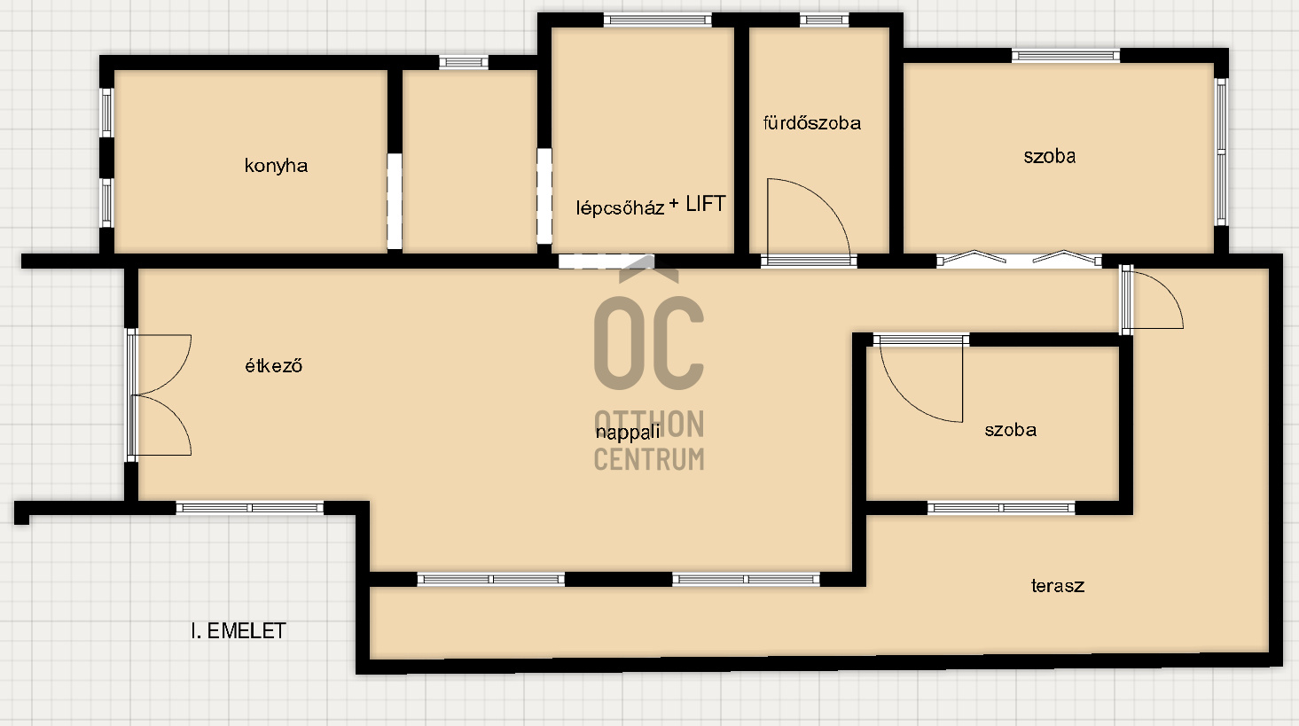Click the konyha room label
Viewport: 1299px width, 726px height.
[276, 166]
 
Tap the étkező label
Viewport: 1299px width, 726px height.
[274, 366]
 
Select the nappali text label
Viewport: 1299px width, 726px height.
[628, 433]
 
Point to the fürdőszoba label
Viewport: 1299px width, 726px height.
[812, 123]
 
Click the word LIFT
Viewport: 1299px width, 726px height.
[705, 204]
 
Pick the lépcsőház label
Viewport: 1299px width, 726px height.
[620, 207]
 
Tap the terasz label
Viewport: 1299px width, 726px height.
[1058, 586]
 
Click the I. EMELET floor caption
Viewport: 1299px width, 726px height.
[239, 631]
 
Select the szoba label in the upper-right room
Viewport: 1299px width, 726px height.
[1050, 156]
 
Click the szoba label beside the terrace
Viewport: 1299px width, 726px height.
[1011, 430]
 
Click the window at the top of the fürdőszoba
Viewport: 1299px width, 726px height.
[824, 20]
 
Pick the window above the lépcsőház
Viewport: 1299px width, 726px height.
[657, 20]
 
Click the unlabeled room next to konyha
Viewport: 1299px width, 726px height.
[470, 162]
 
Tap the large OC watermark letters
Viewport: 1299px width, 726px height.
[649, 343]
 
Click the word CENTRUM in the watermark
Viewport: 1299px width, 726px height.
[649, 458]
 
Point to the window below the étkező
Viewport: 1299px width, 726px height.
[250, 508]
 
